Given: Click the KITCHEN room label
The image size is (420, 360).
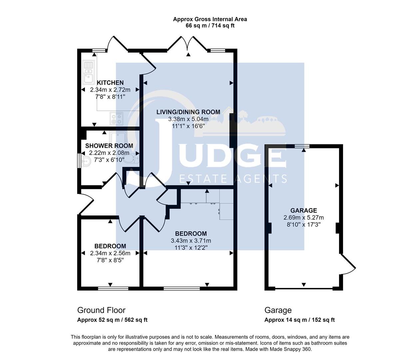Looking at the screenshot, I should click(110, 83).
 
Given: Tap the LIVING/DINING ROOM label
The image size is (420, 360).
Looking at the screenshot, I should click(188, 112).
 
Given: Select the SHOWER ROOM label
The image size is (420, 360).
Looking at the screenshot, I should click(109, 146).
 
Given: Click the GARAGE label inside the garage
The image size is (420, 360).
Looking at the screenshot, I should click(303, 210).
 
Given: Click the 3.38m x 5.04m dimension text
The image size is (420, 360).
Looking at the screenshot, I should click(188, 119).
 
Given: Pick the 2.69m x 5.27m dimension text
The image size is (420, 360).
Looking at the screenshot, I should click(303, 218).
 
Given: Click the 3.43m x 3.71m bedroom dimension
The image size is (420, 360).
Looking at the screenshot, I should click(191, 241).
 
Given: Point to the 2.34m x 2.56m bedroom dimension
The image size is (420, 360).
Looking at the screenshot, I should click(110, 253).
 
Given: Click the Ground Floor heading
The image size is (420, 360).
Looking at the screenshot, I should click(101, 310).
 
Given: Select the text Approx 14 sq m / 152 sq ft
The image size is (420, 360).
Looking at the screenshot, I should click(299, 320).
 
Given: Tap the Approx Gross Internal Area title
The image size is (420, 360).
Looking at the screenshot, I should click(210, 19).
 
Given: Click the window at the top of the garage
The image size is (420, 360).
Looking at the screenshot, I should click(302, 146).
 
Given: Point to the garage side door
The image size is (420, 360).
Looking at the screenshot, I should click(347, 265).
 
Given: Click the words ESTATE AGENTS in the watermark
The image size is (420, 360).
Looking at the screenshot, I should click(233, 179).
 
